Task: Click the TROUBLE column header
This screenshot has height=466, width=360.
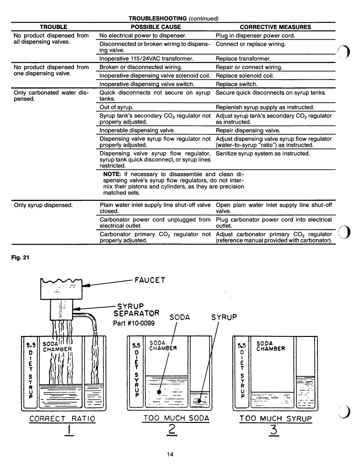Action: coord(53,27)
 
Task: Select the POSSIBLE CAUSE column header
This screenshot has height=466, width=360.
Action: coord(156,27)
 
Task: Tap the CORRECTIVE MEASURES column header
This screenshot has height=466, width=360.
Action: coord(275,27)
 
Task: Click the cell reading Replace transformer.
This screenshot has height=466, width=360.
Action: coord(243,59)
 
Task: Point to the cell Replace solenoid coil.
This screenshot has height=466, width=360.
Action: coord(245,76)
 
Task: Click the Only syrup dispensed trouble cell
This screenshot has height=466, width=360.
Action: coord(43,205)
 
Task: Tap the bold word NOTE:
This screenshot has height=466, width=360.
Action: coord(112,174)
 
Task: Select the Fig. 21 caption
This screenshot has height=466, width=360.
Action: coord(20,257)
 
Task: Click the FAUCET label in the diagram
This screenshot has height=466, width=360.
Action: coord(150,280)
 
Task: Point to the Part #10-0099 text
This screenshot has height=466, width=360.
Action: coord(134,323)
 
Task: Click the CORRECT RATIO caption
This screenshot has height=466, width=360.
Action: coord(62,418)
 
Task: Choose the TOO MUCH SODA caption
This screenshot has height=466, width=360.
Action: coord(176,418)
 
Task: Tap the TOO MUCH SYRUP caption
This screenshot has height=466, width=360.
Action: coord(275,418)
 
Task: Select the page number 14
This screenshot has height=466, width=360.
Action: coord(170,454)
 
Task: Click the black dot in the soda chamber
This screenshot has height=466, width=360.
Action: coord(159,392)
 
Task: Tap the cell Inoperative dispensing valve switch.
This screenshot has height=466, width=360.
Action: coord(147,84)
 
